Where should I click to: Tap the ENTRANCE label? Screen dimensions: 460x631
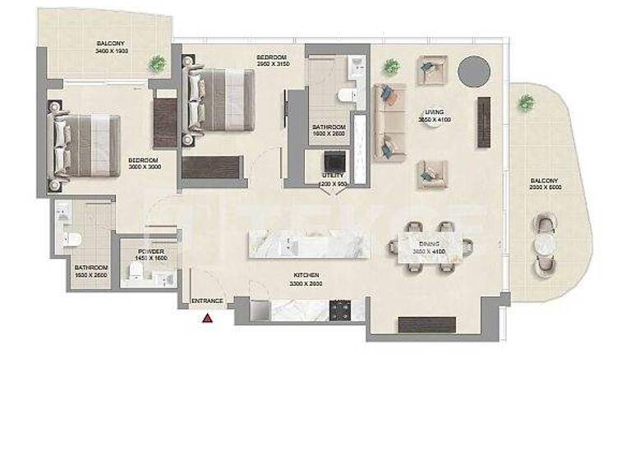pos(207,301)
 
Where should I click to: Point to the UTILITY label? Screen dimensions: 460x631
pos(333,176)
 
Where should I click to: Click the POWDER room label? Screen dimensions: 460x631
pos(151,251)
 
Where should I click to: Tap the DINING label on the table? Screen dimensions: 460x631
pos(428,244)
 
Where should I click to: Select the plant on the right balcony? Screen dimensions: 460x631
pos(526,103)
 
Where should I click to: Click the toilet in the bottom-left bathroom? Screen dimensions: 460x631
pos(72,240)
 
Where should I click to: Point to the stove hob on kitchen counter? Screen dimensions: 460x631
pos(339,309)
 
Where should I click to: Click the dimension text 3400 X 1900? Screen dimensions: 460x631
pos(113,51)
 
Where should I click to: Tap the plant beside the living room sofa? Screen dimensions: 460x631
pos(391,67)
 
